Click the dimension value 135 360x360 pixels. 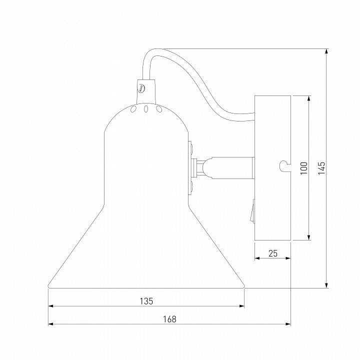146,301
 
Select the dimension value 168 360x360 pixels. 170,319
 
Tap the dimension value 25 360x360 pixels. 273,253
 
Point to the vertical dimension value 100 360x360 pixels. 304,168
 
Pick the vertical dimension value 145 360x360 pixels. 321,168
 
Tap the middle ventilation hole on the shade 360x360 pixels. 146,109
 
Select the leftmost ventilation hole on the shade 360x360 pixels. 133,109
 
